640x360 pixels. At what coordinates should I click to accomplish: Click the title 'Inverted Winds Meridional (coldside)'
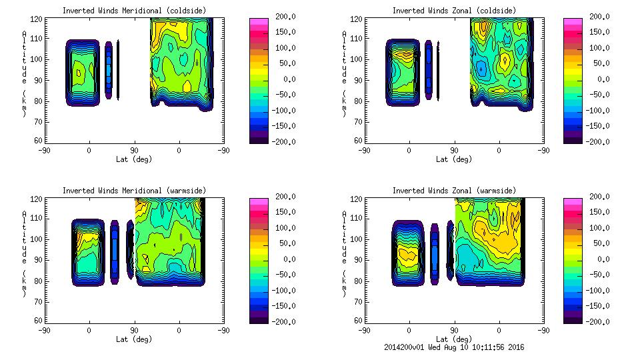point(134,11)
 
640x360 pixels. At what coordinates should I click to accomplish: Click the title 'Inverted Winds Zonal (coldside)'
point(454,11)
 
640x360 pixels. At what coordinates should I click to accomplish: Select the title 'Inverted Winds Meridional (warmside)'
point(134,191)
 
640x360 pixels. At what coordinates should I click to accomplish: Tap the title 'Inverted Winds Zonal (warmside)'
point(454,191)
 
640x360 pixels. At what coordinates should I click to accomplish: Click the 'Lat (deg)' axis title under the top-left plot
point(133,159)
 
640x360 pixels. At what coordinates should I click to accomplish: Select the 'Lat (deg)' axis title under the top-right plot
point(453,159)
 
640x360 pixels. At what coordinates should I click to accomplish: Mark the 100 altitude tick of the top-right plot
point(357,59)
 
